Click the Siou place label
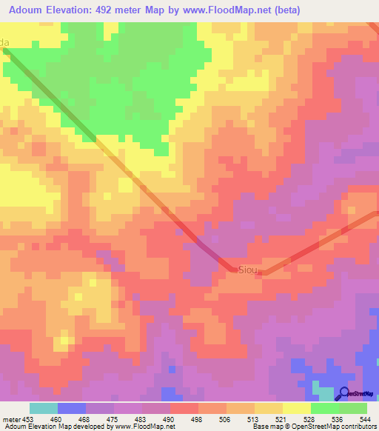[x=247, y=270]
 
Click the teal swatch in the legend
[x=44, y=408]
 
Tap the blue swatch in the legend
[x=72, y=408]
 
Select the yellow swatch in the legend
[x=296, y=408]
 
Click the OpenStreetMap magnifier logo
[x=344, y=394]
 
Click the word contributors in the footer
[x=355, y=427]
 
